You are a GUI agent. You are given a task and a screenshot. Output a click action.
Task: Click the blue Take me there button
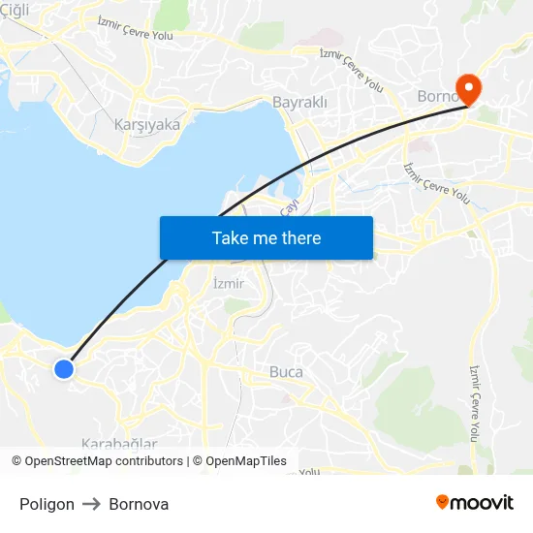coord(266,237)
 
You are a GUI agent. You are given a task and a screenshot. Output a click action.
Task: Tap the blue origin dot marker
coord(64,368)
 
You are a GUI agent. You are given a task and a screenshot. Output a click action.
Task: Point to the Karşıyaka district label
coord(147,124)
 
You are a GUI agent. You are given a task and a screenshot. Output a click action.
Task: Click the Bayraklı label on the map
coord(299,102)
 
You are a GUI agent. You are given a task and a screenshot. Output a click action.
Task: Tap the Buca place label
coord(286,372)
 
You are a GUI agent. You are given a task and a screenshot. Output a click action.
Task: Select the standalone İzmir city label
coord(228,284)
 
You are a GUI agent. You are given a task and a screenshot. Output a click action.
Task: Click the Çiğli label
coord(16,9)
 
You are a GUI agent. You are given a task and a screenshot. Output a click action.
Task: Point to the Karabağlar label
coord(118,444)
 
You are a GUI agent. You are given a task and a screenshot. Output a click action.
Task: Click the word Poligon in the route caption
coord(47,504)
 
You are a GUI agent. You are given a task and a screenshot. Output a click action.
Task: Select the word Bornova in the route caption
coord(139,504)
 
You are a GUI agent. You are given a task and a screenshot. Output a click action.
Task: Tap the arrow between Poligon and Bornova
coord(92,504)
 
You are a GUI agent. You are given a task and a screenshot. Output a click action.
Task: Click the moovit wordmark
coord(482,503)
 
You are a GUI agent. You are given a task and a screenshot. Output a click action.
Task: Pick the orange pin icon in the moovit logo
coord(442,502)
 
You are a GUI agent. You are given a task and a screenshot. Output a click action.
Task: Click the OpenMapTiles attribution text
coord(246,461)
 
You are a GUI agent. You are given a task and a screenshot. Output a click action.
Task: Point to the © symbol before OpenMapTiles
coord(197,461)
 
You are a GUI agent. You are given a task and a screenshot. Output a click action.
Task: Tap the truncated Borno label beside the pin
coord(435,96)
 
